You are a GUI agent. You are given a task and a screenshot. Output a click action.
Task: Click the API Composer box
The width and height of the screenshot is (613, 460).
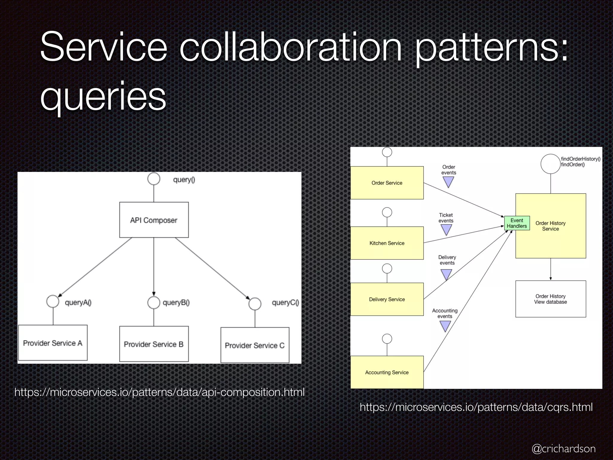pos(154,220)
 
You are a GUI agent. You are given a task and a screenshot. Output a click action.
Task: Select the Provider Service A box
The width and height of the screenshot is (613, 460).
pos(53,343)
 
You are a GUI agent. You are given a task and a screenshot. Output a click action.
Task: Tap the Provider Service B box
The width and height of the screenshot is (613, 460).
pos(154,344)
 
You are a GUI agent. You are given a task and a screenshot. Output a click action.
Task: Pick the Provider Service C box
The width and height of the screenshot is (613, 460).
pos(255,345)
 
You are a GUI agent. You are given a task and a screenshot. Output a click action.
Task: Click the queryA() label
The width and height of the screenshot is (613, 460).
pos(78,302)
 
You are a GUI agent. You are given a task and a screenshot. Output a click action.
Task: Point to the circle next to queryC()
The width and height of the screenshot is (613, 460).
pos(255,304)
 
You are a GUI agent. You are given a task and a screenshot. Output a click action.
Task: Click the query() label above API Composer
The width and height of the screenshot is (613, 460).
pos(184,180)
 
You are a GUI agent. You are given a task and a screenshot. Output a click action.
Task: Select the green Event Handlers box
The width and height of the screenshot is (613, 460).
pos(517,223)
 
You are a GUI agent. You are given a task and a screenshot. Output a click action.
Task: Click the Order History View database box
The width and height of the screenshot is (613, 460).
pos(550,299)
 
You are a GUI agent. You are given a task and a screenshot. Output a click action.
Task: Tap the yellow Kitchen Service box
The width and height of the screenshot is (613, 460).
pos(387,243)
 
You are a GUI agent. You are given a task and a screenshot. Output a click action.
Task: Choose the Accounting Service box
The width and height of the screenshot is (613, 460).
pos(387,372)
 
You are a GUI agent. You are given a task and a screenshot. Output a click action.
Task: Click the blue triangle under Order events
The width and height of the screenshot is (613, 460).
pos(448,181)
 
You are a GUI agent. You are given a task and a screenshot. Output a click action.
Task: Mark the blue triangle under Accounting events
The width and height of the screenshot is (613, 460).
pos(445,326)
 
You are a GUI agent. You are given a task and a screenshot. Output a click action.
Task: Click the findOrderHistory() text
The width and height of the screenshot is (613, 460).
pos(580,159)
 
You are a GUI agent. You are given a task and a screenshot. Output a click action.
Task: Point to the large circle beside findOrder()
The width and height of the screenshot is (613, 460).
pos(550,164)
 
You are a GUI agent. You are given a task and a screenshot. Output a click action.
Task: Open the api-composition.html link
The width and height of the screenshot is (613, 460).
pos(159,392)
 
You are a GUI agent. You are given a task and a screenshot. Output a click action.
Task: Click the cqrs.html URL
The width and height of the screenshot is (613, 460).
pos(476,407)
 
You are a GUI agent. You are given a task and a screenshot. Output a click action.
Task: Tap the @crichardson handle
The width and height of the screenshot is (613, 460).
pos(563,449)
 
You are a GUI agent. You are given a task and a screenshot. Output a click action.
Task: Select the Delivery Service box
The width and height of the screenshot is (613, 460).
pos(387,299)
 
